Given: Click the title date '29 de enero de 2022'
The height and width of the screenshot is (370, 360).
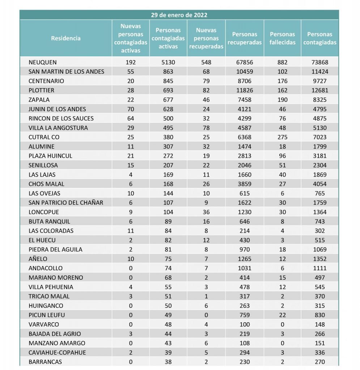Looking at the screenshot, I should (179, 15).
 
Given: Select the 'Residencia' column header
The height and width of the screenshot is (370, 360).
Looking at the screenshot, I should (66, 38).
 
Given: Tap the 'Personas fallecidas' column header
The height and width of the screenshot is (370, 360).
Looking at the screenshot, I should (282, 38).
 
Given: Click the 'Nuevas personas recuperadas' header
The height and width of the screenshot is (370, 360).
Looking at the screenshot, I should (206, 38).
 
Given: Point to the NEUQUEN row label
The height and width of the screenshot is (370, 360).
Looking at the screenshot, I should (43, 62).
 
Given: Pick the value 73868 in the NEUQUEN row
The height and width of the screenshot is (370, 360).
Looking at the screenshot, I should (320, 62).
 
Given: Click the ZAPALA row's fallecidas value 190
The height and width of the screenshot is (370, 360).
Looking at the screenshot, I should (282, 100).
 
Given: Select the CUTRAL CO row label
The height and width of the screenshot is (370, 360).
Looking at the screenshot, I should (44, 137).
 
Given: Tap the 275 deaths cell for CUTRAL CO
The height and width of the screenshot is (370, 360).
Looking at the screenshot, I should (282, 137).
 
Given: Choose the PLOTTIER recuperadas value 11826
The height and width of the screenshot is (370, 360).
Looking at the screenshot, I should (245, 90).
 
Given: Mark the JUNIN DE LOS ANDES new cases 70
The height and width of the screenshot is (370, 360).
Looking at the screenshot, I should (131, 109).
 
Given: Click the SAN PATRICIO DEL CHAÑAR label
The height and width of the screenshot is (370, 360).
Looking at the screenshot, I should (66, 203).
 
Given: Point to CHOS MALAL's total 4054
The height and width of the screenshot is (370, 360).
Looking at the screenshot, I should (320, 184).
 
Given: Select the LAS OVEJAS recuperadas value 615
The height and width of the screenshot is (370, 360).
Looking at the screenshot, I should (245, 193).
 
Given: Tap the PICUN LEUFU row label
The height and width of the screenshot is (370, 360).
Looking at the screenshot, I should (47, 315).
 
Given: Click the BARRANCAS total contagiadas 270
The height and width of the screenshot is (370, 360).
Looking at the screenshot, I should (320, 362).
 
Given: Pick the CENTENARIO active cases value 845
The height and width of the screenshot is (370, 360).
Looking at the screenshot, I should (168, 81).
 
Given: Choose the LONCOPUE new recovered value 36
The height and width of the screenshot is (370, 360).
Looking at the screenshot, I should (206, 212).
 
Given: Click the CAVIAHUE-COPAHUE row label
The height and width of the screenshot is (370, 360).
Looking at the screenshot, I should (57, 353).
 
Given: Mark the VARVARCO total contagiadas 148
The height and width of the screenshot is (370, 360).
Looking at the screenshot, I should (320, 324).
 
